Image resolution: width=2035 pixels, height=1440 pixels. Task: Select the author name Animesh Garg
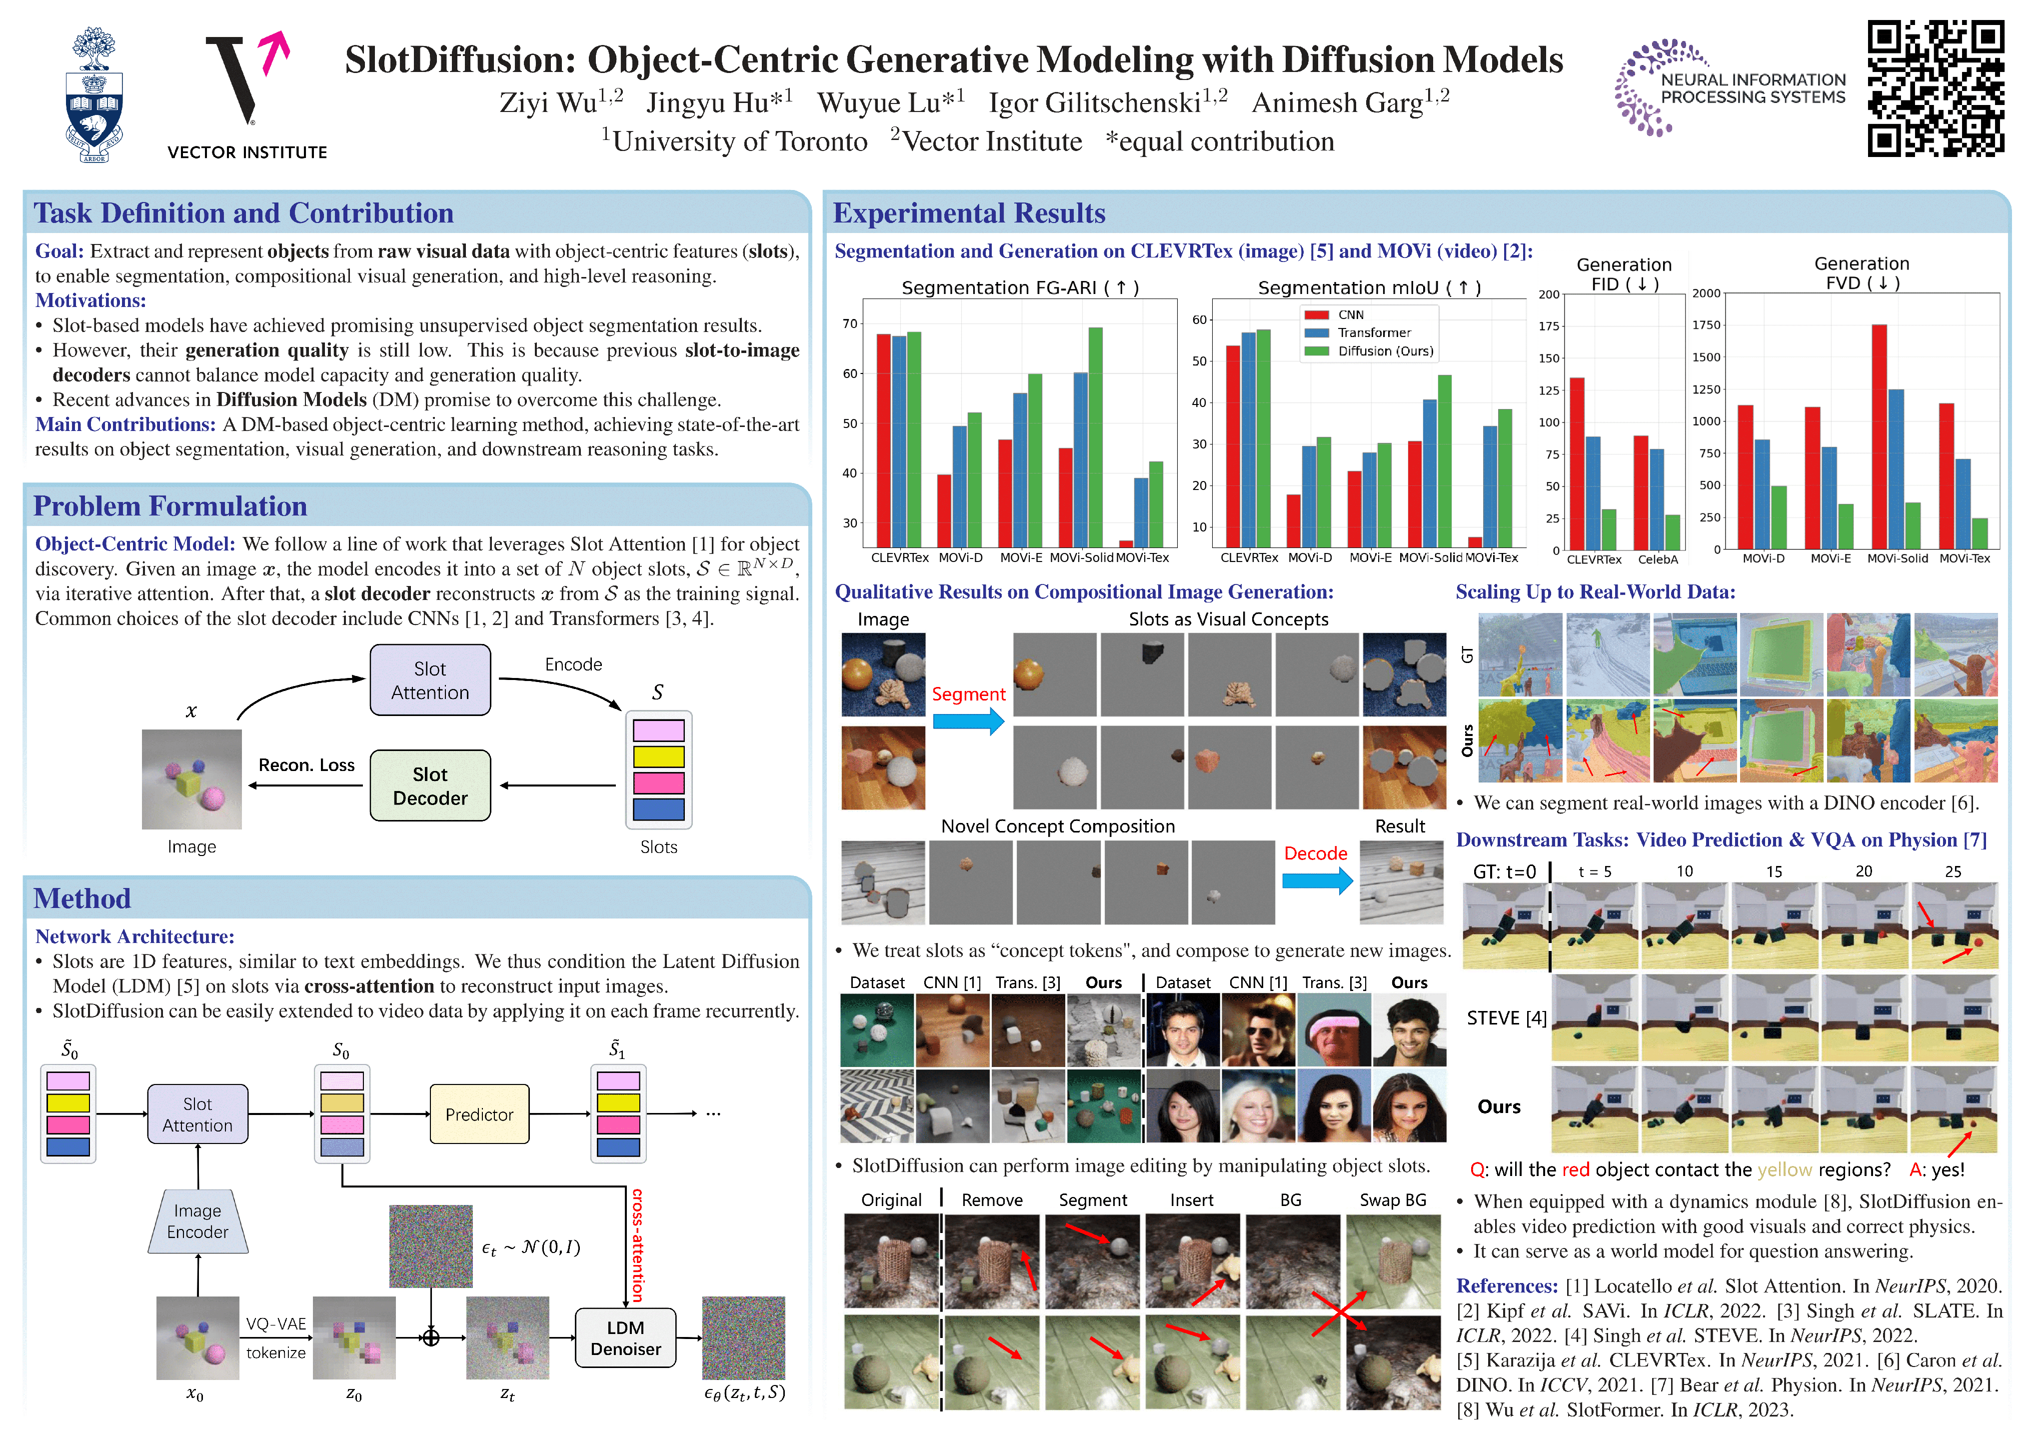(1349, 103)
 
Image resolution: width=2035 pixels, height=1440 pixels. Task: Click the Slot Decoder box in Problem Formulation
(430, 785)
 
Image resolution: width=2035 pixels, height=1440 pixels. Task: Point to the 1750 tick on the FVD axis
(1706, 324)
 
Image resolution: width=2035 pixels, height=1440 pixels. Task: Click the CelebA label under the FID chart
(1658, 559)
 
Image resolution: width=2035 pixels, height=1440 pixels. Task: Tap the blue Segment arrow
(968, 721)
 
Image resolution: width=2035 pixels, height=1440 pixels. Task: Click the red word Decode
(1315, 853)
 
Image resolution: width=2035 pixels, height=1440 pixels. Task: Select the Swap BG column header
(1393, 1199)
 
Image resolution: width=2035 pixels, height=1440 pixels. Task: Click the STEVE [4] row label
(1506, 1018)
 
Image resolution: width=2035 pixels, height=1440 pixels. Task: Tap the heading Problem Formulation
(170, 506)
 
